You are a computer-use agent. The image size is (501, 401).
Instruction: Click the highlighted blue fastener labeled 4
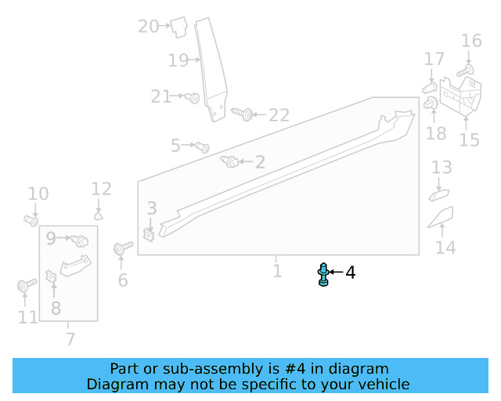323,274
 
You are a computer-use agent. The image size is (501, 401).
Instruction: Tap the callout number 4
351,273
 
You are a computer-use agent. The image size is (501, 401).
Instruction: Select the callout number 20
148,27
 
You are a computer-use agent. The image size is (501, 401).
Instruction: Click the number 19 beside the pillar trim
178,60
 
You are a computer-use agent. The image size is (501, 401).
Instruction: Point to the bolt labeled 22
243,114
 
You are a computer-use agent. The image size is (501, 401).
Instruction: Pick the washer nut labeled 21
193,97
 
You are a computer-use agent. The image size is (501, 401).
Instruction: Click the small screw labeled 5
201,146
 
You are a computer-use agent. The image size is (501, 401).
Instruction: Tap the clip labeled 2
231,162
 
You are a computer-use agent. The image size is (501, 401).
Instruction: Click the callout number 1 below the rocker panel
277,271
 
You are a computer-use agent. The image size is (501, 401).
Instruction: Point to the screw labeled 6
121,249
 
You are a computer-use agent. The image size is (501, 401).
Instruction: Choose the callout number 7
70,339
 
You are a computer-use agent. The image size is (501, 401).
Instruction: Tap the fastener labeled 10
31,219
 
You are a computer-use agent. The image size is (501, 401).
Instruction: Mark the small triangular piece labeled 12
99,213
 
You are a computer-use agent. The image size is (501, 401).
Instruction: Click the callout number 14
445,247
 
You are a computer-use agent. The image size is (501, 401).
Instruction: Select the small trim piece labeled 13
438,193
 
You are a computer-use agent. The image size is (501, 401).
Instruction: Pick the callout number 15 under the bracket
469,139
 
